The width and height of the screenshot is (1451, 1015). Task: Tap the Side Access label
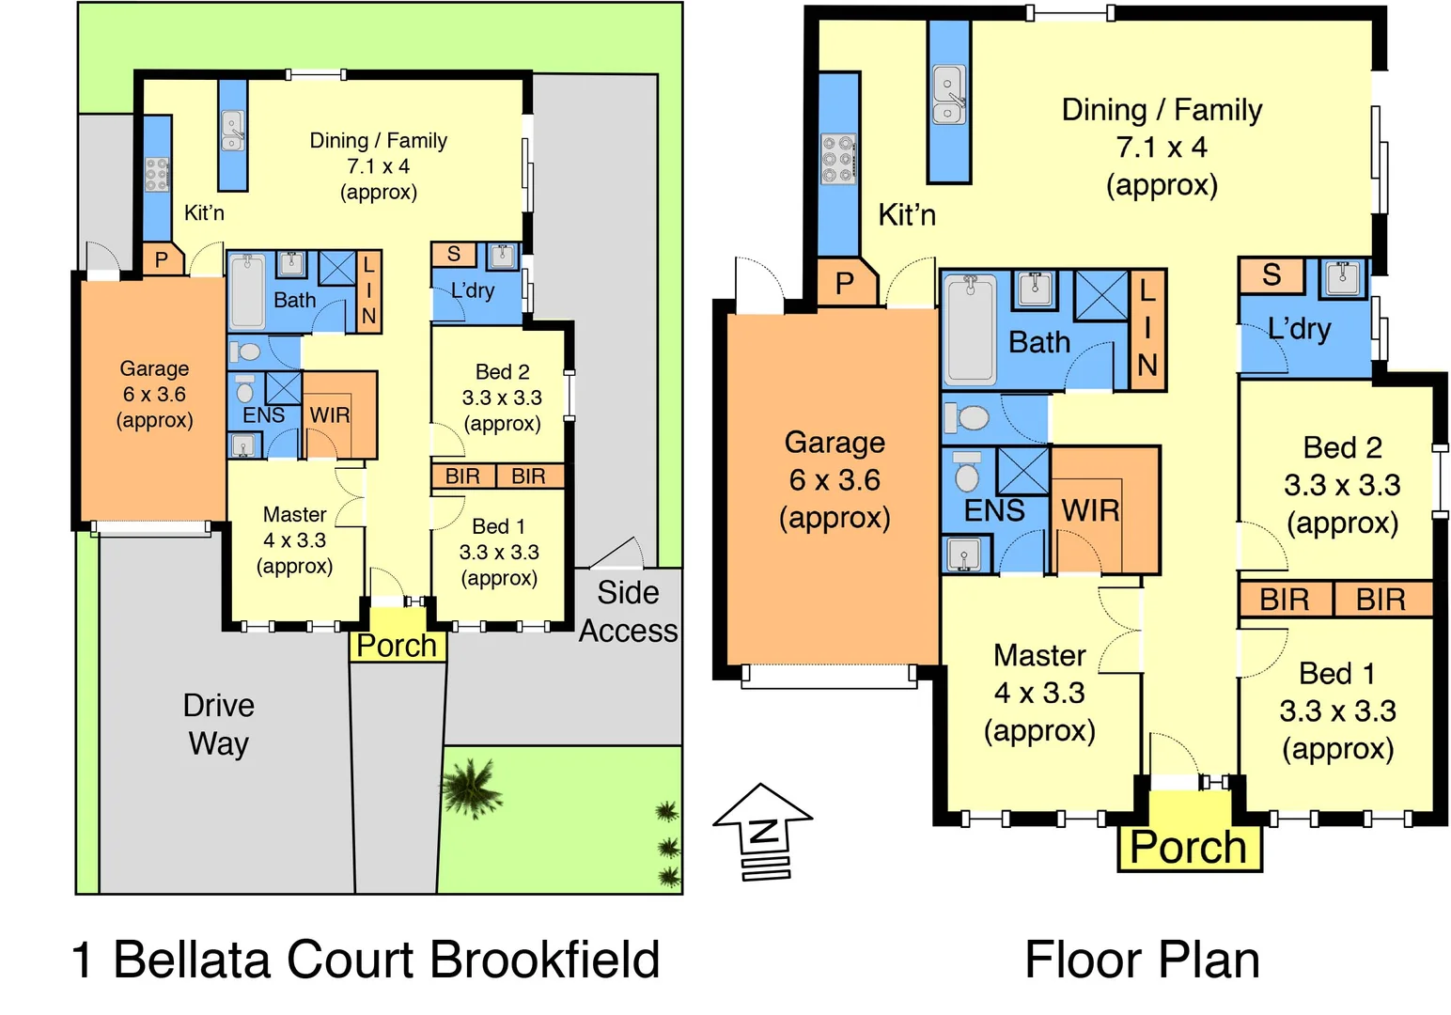(628, 612)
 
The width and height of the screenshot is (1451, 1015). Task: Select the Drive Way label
(218, 724)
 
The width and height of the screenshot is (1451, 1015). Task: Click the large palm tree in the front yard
(470, 786)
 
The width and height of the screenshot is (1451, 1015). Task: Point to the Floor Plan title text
(1142, 960)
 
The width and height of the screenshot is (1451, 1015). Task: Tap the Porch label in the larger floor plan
(1188, 847)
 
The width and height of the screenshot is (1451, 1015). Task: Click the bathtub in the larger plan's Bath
(970, 329)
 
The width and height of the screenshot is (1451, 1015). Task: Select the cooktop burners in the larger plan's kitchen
(837, 159)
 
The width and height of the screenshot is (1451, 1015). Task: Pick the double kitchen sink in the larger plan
(948, 95)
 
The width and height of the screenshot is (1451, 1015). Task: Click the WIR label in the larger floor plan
(1090, 510)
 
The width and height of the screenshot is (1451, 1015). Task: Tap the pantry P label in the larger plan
(845, 283)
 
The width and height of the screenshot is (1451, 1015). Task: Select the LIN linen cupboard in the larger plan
(1147, 329)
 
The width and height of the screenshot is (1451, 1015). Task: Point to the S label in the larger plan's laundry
(1272, 275)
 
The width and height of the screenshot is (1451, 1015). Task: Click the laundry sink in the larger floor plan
(1341, 278)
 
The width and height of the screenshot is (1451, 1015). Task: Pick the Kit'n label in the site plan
(204, 213)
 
